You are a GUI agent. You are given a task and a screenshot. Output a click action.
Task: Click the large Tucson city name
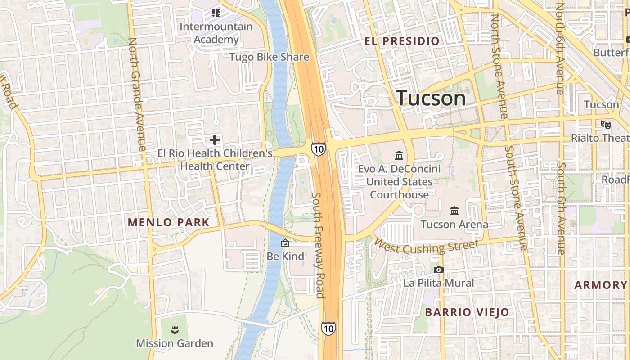(x=431, y=99)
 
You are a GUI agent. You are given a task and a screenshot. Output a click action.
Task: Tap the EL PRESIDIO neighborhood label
(x=402, y=41)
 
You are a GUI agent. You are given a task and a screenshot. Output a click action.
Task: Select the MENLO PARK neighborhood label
(x=169, y=222)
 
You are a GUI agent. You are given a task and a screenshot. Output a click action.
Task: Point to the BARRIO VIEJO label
(x=467, y=312)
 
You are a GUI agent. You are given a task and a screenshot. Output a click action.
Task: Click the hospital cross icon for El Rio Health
(x=215, y=140)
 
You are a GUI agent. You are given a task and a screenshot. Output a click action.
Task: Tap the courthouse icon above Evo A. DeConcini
(x=399, y=156)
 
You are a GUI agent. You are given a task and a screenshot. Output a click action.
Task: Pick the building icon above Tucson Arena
(x=454, y=211)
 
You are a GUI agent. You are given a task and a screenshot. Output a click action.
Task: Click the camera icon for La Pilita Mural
(x=438, y=270)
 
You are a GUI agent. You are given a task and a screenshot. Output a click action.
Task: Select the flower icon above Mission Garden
(x=175, y=330)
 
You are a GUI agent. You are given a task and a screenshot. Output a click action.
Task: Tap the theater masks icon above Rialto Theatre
(x=605, y=123)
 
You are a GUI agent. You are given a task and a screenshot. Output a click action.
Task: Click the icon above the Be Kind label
(x=285, y=243)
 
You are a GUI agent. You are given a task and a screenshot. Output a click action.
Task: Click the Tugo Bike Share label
(x=269, y=57)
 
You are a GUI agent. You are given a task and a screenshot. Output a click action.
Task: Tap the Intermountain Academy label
(x=216, y=33)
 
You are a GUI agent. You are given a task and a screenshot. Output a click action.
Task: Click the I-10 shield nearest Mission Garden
(x=328, y=328)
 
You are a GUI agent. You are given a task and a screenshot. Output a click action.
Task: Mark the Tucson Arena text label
(x=454, y=224)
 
